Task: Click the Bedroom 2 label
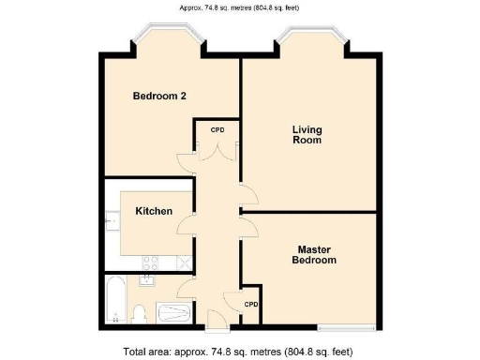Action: tap(158, 97)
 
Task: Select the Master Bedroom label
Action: tap(316, 254)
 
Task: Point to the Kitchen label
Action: tap(154, 211)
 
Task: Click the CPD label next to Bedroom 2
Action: tap(217, 129)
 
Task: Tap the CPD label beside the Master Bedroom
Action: tap(251, 305)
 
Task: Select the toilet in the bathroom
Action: tap(139, 312)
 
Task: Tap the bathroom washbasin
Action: tap(147, 278)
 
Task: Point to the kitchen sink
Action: tap(112, 221)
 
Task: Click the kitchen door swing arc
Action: tap(187, 223)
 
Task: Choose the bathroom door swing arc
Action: tap(186, 287)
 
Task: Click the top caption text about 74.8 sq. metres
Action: tap(239, 8)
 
